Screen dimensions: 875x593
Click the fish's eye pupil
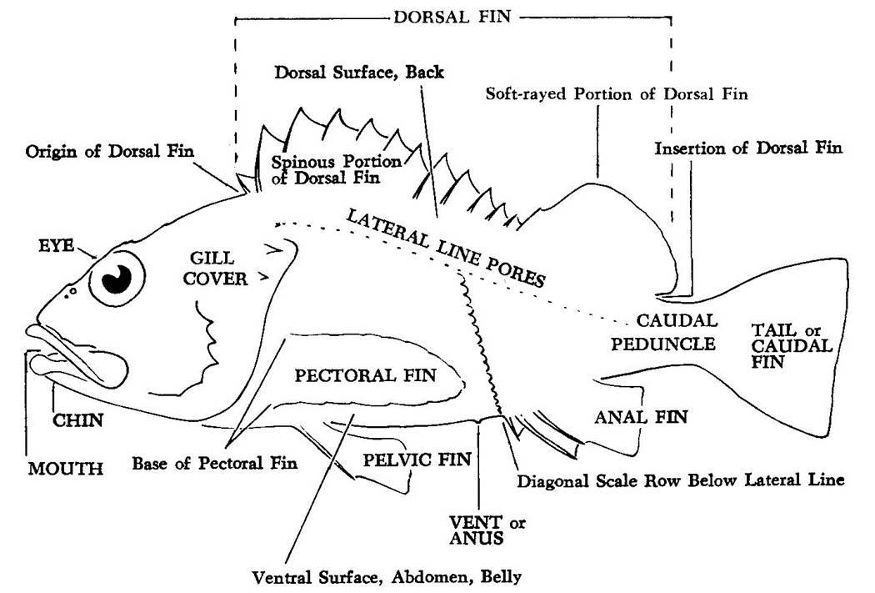(117, 278)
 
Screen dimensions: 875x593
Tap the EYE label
(57, 246)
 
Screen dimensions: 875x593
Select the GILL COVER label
(215, 269)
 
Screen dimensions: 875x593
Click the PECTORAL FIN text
(366, 375)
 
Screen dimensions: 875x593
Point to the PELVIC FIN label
(417, 460)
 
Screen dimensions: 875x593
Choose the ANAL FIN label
(641, 417)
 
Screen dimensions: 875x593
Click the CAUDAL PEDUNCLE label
(663, 332)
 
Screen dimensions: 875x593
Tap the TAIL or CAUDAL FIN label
(792, 345)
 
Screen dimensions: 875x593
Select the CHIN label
(78, 420)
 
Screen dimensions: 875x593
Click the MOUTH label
(66, 468)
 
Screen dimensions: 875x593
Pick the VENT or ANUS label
(487, 530)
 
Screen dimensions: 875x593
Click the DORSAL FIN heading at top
(452, 17)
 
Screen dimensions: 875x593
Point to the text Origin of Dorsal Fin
(110, 151)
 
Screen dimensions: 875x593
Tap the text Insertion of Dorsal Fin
(748, 148)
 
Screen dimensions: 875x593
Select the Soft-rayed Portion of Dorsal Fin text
(617, 93)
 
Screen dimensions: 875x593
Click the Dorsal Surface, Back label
(359, 72)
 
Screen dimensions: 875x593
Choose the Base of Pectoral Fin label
(215, 463)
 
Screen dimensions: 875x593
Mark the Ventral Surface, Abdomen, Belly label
(387, 577)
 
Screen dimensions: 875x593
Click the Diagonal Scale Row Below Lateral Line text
(681, 480)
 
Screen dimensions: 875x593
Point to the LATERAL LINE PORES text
(445, 248)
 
